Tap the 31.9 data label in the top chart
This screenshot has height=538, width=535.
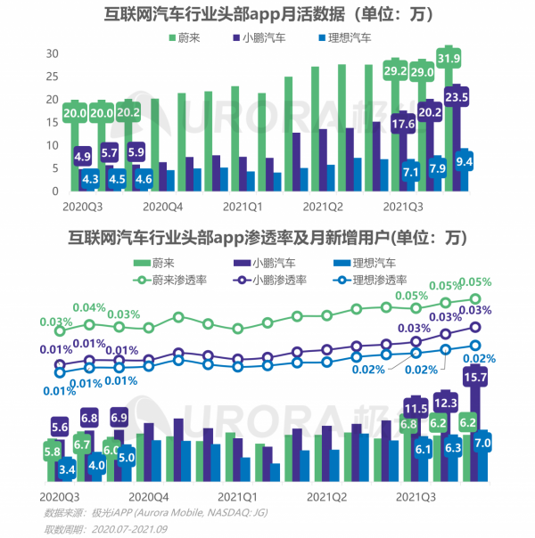click(449, 60)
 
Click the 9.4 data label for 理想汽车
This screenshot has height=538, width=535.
click(464, 161)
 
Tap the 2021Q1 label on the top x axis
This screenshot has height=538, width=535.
click(242, 207)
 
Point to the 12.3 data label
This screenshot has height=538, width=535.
click(444, 401)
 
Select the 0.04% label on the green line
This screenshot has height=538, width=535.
click(89, 308)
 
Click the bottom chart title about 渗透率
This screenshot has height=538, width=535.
click(267, 237)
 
